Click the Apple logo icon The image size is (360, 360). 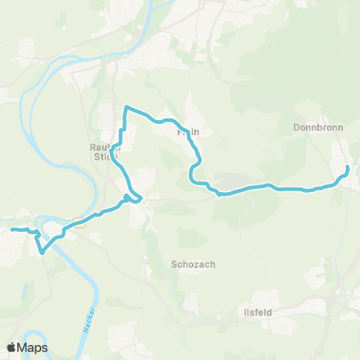coord(12,347)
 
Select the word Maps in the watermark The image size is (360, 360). coord(34,347)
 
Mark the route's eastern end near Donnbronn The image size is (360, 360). coord(347,166)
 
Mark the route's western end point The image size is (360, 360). coord(12,229)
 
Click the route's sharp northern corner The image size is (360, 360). coord(126,107)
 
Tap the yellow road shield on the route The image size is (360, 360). coord(78,222)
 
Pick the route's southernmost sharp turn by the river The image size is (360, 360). coord(42,252)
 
